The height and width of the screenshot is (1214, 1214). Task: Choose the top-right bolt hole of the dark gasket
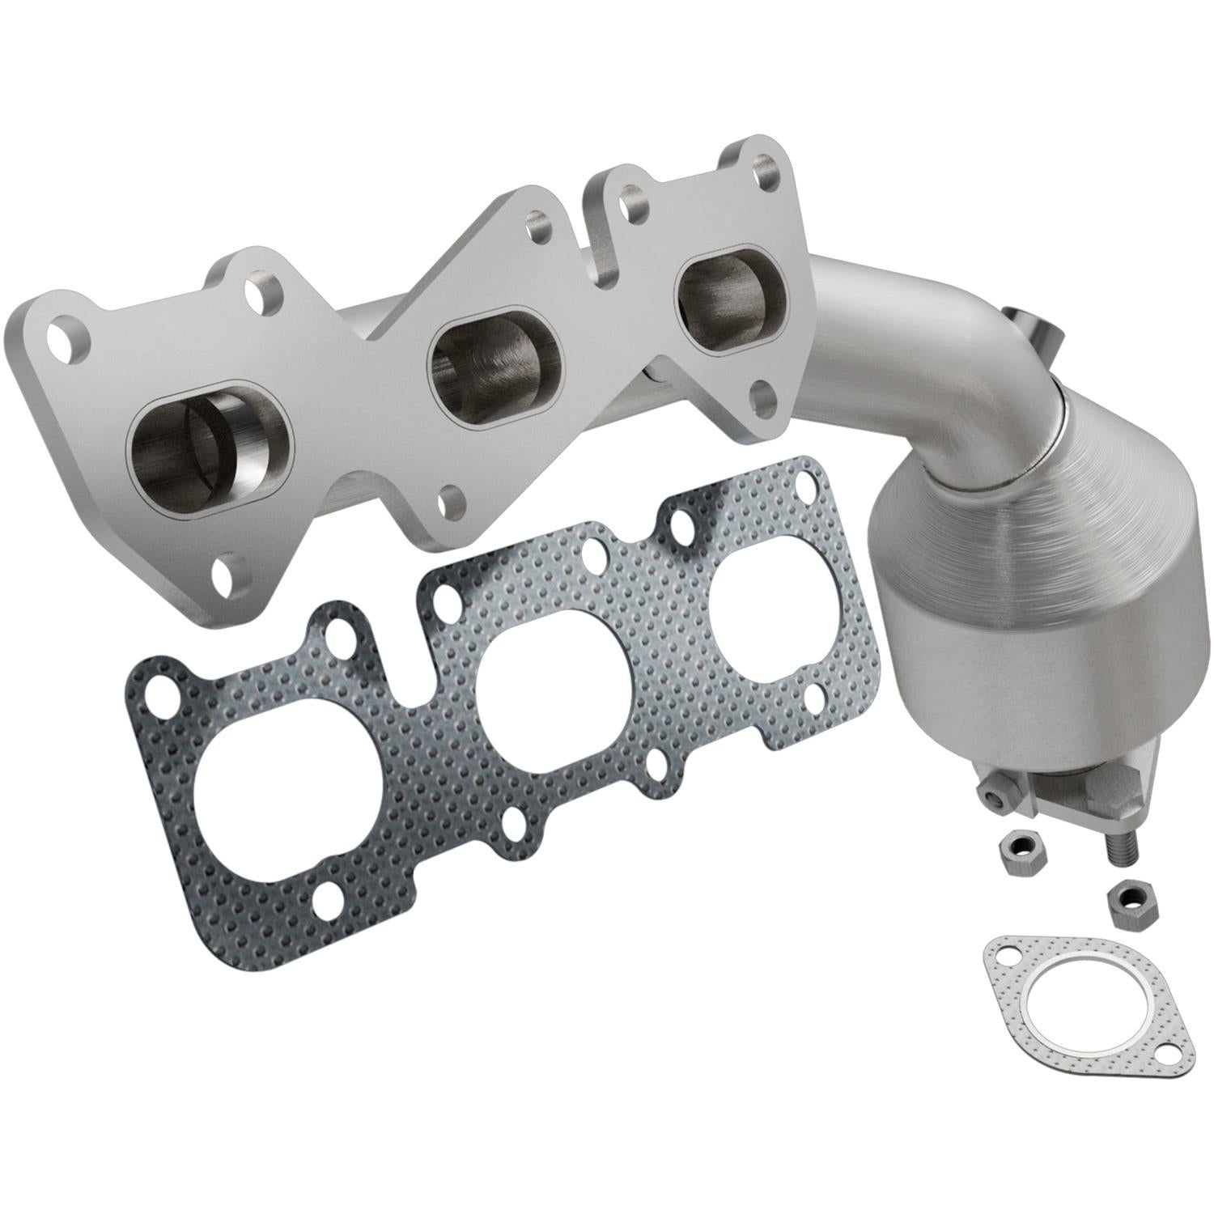[806, 484]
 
